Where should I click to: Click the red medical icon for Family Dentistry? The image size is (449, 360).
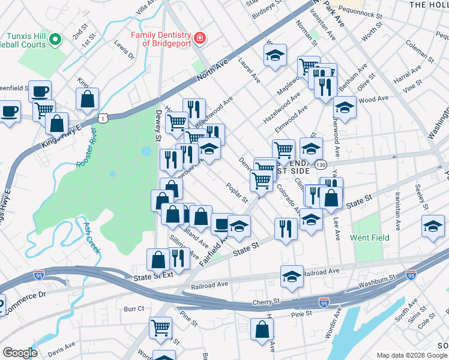tap(199, 40)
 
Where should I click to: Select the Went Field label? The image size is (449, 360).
tap(370, 238)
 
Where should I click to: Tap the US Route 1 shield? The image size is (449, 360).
tap(104, 119)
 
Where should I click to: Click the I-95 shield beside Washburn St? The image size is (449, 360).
tap(411, 275)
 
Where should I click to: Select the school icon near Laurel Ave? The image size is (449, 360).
tap(275, 56)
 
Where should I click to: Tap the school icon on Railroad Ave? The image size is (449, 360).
tap(292, 277)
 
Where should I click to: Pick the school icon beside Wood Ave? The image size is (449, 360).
tap(345, 109)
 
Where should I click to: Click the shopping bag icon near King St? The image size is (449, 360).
tap(87, 100)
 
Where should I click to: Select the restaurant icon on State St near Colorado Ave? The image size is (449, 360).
tap(286, 228)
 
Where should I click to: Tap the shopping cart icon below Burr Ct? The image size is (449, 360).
tap(161, 328)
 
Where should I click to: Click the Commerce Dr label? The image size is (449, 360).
tap(25, 295)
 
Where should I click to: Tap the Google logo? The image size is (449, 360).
tap(20, 353)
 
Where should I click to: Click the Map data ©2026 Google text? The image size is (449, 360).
tap(411, 355)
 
